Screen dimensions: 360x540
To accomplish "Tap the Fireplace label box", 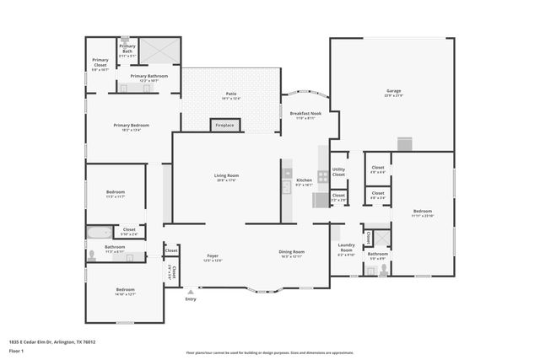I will coord(225,126).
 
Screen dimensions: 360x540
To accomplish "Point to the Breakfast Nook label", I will coord(305,115).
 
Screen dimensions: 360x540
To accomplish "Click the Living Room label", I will coord(227,177).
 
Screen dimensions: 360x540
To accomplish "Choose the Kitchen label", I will coord(304,181).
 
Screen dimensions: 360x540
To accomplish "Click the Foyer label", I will coord(213,257).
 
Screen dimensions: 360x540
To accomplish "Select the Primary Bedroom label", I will coord(132,126).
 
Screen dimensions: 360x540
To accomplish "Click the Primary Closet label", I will coord(100,63).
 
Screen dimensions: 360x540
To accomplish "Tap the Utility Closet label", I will coord(338,173).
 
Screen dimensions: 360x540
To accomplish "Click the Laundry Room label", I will coord(346,250).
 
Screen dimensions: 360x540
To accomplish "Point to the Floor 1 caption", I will coord(17,351).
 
